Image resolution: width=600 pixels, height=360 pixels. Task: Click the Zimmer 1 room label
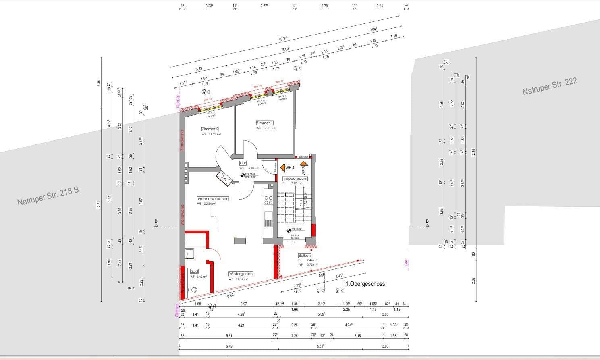[x=265, y=123]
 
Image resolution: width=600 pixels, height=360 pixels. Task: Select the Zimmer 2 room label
[x=210, y=129]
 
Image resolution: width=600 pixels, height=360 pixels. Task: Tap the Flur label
[x=243, y=163]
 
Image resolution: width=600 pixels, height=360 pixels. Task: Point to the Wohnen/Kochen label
[x=213, y=199]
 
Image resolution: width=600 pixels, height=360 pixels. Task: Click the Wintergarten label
[x=241, y=273]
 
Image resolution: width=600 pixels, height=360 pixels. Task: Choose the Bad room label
[x=194, y=271]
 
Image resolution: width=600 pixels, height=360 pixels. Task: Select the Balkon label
[x=304, y=256]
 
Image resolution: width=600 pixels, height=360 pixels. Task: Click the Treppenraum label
[x=295, y=178]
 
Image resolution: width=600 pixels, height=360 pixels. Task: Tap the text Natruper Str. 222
[x=550, y=87]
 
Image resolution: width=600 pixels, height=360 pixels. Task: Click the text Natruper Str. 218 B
[x=48, y=196]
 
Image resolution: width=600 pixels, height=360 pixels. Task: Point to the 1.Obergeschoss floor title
[x=365, y=284]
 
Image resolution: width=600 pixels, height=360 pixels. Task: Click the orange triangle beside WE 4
[x=282, y=167]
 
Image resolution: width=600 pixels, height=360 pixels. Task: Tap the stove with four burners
[x=268, y=200]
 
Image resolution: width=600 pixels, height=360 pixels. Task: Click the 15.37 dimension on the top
[x=283, y=39]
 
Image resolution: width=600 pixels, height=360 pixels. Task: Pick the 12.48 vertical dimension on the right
[x=473, y=153]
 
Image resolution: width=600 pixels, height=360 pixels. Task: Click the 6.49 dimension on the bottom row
[x=229, y=346]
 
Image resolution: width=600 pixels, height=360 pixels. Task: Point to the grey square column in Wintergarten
[x=240, y=241]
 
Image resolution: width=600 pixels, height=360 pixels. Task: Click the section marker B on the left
[x=156, y=221]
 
